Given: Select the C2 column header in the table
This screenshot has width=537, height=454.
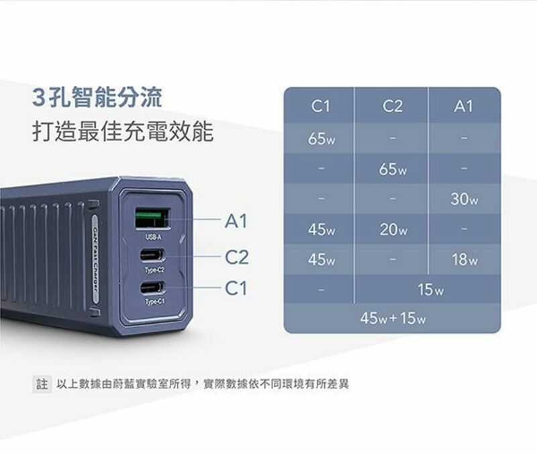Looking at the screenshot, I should pos(392,105).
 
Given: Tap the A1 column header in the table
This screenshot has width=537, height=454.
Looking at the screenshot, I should pos(463,105).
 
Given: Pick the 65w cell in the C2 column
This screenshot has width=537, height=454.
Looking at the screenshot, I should pos(392,169).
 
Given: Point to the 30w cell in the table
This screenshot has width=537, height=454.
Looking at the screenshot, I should pos(464,199).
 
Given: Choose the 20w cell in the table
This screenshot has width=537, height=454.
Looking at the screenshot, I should pos(392,230).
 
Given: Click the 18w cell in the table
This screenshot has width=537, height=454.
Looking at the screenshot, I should pos(464,260).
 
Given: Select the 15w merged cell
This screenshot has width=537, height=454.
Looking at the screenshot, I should pos(430,290).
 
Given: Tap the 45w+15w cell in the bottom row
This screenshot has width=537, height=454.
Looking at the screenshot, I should pos(393,318).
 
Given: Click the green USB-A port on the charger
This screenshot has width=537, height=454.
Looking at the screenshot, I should pos(152,218).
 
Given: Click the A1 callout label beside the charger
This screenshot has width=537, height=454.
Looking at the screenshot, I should pos(236,220).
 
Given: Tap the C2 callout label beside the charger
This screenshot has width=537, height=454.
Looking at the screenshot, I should pos(236,257).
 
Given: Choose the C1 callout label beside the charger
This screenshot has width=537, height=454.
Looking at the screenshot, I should pos(236,289).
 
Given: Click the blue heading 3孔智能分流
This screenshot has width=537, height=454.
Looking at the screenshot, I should pos(97,98).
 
